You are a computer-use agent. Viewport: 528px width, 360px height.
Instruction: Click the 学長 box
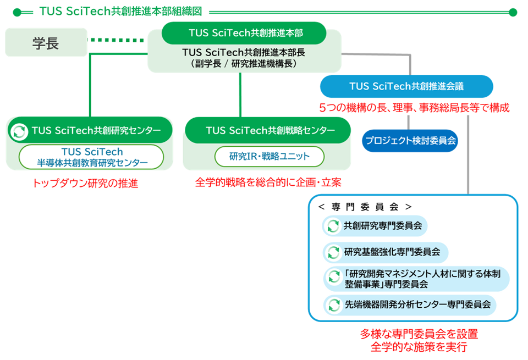[46, 43]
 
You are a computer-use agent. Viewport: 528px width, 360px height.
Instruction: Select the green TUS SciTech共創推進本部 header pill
[244, 33]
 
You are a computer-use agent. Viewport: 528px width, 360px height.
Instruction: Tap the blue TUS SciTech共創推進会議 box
[406, 86]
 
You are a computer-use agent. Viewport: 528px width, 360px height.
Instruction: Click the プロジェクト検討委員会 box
[410, 141]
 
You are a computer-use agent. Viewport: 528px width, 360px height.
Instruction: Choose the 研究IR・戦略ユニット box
[269, 157]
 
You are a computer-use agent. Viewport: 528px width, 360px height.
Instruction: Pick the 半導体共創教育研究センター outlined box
[91, 157]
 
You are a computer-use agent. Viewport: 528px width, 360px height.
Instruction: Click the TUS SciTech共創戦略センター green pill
[267, 130]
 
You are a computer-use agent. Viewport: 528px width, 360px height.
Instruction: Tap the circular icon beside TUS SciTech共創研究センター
[19, 131]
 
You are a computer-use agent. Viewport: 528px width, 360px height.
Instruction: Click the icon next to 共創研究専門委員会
[333, 225]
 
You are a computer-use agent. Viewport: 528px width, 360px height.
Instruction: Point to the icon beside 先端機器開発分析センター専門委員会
[333, 304]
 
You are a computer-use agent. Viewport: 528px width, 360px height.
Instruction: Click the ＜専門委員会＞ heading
[364, 207]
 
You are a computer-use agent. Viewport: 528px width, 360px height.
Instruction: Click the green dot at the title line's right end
[513, 12]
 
